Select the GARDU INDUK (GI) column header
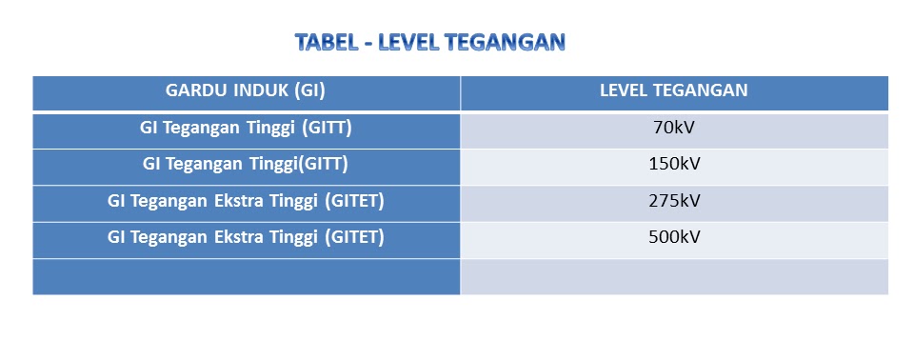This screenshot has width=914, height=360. click(x=246, y=91)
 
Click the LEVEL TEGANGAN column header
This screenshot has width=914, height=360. click(x=673, y=91)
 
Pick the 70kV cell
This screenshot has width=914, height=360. click(x=673, y=128)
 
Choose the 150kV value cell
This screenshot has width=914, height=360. click(x=673, y=164)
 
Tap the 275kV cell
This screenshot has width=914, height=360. click(x=673, y=201)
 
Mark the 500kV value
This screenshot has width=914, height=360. click(x=673, y=237)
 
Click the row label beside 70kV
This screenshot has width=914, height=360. click(x=246, y=128)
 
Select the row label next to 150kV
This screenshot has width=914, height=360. click(x=246, y=164)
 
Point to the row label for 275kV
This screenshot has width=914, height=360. click(x=246, y=201)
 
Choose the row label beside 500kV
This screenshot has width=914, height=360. click(x=246, y=237)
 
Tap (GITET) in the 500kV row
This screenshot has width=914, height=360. click(x=353, y=237)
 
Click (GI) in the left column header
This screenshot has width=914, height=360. click(x=309, y=91)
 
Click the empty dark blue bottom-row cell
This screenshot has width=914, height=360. click(x=246, y=276)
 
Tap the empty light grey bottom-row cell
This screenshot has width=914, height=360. click(x=673, y=276)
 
